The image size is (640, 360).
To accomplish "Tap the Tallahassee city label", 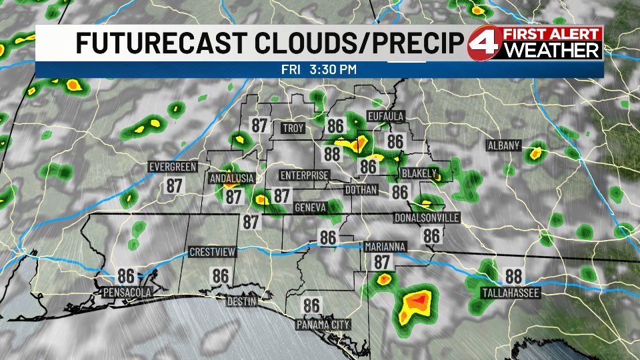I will click(x=511, y=293).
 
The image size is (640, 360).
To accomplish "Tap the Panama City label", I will click(x=323, y=325).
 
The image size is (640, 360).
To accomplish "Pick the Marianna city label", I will click(x=385, y=247).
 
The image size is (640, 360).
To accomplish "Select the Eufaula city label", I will click(x=386, y=117).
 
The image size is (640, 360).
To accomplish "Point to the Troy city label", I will click(x=293, y=128).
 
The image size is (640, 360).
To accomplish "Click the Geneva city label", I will click(x=310, y=209).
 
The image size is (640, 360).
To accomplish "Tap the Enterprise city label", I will click(x=305, y=175).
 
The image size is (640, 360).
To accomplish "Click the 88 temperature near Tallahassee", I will click(x=513, y=276).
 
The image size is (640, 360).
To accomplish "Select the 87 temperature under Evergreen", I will click(x=174, y=186).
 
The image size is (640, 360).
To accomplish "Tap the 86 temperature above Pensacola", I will click(x=126, y=275).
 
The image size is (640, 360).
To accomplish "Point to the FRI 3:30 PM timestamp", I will click(x=319, y=69).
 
